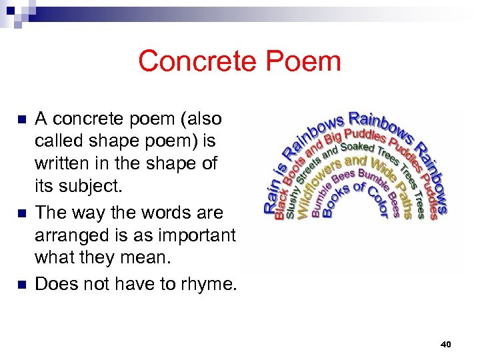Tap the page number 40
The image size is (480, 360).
coord(446,344)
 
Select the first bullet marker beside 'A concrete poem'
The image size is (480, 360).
coord(21,120)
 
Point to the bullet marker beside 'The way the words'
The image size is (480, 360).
coord(21,213)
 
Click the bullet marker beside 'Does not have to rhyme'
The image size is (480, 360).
coord(21,285)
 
